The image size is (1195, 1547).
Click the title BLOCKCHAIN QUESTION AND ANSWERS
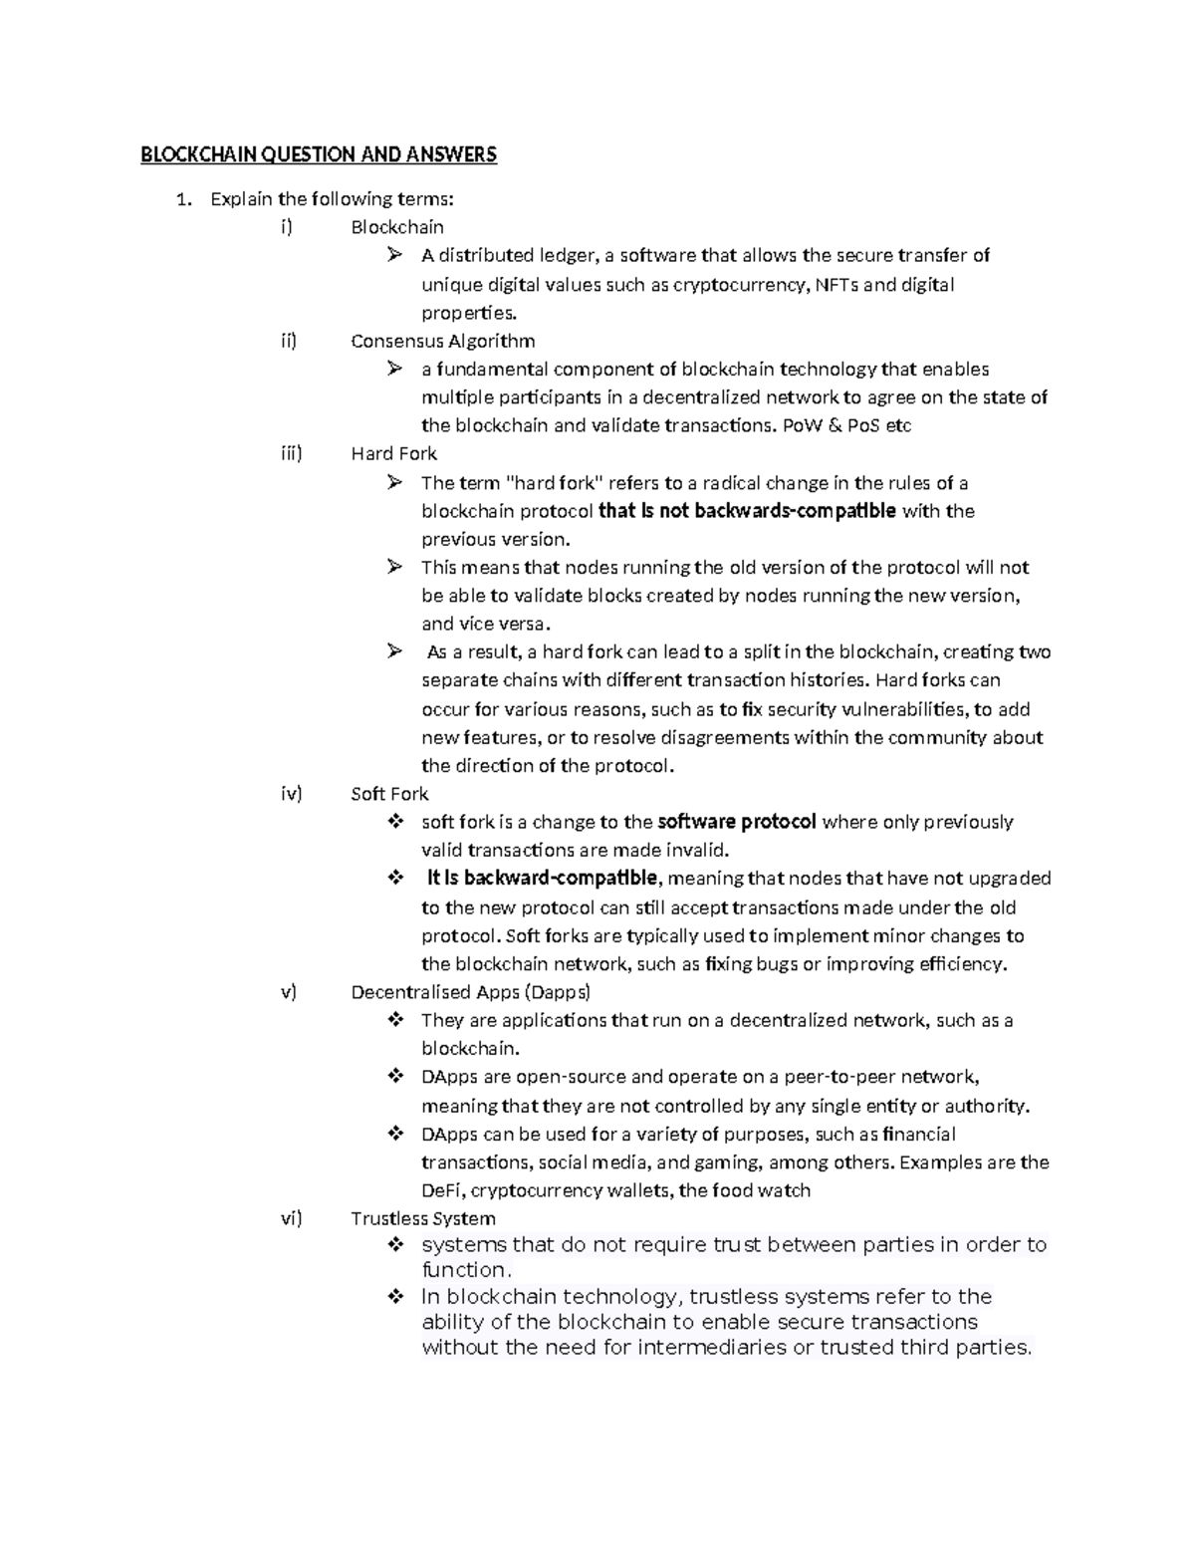point(318,154)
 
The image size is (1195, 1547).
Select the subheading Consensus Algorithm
point(442,341)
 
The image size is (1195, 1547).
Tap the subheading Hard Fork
point(393,453)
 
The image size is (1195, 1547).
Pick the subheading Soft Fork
point(389,794)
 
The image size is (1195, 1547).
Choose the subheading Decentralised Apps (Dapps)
point(470,992)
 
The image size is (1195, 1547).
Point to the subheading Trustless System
point(422,1218)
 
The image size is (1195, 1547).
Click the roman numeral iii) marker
point(290,453)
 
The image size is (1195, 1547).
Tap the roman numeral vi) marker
point(290,1218)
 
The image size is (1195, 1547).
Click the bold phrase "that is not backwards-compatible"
point(746,511)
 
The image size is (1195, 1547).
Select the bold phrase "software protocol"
point(737,822)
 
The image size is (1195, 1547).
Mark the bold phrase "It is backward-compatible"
point(542,878)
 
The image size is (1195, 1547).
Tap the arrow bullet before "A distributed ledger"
point(395,255)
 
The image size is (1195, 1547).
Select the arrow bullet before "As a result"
point(395,651)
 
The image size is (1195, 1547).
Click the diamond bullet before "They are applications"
point(395,1020)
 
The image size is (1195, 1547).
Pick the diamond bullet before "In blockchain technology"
point(395,1297)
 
